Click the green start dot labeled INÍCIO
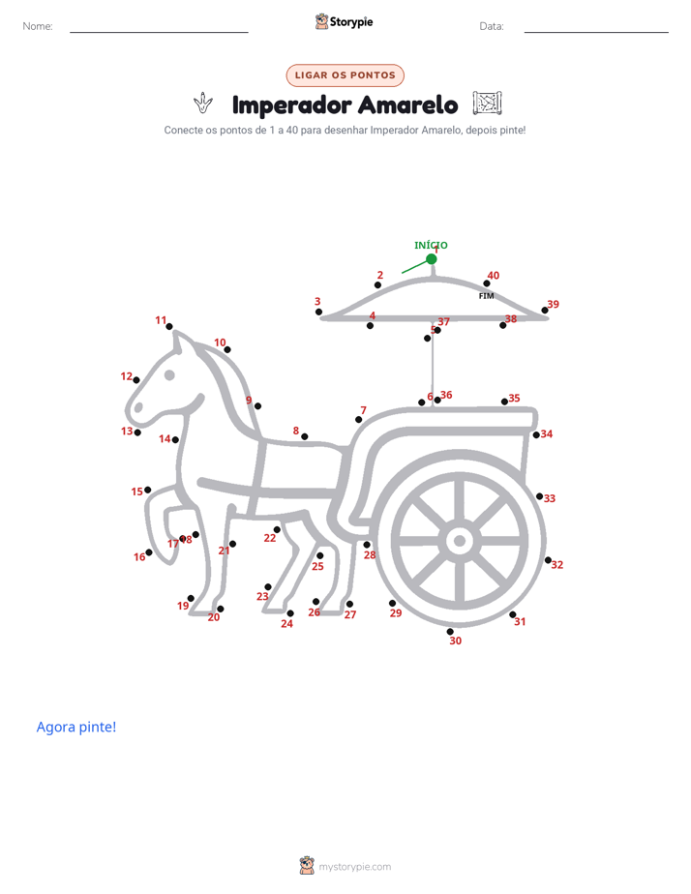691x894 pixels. pyautogui.click(x=432, y=259)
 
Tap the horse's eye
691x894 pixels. pyautogui.click(x=169, y=375)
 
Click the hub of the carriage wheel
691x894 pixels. pyautogui.click(x=460, y=541)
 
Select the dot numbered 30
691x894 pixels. pyautogui.click(x=450, y=631)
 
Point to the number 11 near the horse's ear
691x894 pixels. pyautogui.click(x=161, y=320)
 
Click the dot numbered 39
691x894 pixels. pyautogui.click(x=545, y=311)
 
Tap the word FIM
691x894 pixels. pyautogui.click(x=487, y=296)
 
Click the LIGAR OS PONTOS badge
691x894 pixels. pyautogui.click(x=345, y=75)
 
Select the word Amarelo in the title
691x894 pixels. pyautogui.click(x=408, y=104)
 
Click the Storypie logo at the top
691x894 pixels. pyautogui.click(x=345, y=21)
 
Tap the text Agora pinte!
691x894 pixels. pyautogui.click(x=76, y=727)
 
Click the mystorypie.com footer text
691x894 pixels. pyautogui.click(x=354, y=867)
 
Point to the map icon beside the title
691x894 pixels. pyautogui.click(x=488, y=104)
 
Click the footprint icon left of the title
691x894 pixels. pyautogui.click(x=203, y=104)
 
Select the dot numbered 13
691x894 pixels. pyautogui.click(x=137, y=432)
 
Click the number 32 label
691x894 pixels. pyautogui.click(x=557, y=564)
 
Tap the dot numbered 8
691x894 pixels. pyautogui.click(x=305, y=436)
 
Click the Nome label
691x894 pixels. pyautogui.click(x=38, y=26)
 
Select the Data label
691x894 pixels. pyautogui.click(x=492, y=26)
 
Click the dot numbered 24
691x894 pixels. pyautogui.click(x=290, y=613)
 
